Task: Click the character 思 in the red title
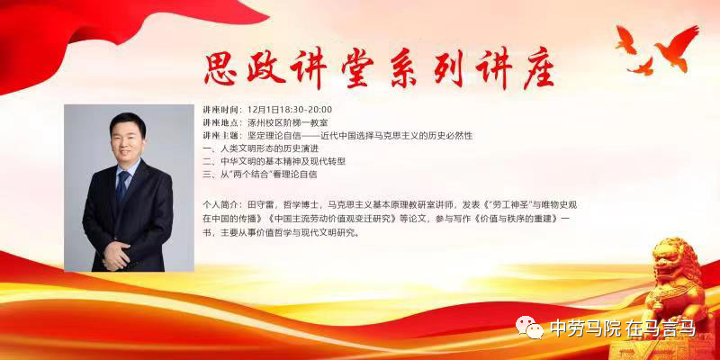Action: click(220, 68)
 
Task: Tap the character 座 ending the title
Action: click(538, 69)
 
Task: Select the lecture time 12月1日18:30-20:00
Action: click(289, 110)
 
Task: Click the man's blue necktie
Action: click(122, 187)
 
